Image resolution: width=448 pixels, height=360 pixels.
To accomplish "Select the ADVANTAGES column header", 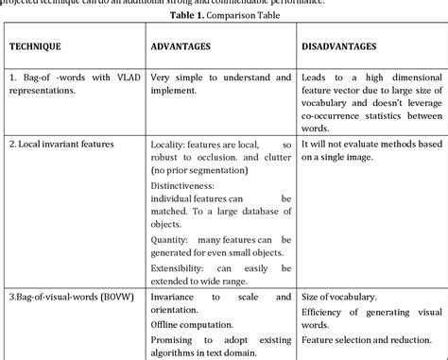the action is point(184,46).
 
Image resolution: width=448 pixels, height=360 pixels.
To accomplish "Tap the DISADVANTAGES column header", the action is point(338,46).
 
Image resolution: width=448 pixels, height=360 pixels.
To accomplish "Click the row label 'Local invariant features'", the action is point(64,144).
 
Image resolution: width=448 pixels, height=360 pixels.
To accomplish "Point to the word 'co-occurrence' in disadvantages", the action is point(333,114).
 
